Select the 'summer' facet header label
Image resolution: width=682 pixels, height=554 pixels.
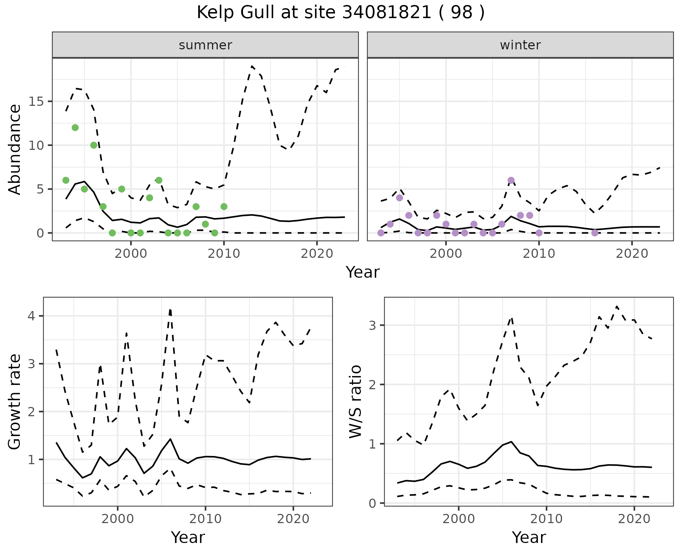pyautogui.click(x=205, y=45)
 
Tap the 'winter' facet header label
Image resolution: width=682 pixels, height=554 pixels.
pyautogui.click(x=520, y=45)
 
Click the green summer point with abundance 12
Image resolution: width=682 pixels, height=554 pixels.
pyautogui.click(x=75, y=127)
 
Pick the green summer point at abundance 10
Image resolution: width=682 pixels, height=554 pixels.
pyautogui.click(x=94, y=145)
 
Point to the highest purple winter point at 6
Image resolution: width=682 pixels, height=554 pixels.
pyautogui.click(x=511, y=180)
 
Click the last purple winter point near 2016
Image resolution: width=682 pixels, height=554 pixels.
pyautogui.click(x=595, y=233)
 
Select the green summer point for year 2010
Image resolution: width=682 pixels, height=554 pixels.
pyautogui.click(x=224, y=207)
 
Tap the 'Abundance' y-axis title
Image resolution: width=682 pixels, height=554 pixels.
pyautogui.click(x=15, y=150)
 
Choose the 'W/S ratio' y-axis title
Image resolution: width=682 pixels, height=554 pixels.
pyautogui.click(x=356, y=402)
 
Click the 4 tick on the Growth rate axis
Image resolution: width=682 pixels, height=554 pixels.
pyautogui.click(x=32, y=316)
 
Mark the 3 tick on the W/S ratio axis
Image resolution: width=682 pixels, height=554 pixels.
pyautogui.click(x=373, y=325)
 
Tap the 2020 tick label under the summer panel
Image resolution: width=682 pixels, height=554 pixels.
pyautogui.click(x=316, y=254)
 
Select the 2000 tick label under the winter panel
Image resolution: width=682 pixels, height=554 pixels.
pyautogui.click(x=446, y=254)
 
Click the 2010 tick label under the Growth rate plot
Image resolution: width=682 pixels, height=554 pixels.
pyautogui.click(x=205, y=519)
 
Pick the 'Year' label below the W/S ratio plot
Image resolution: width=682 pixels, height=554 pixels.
pyautogui.click(x=529, y=538)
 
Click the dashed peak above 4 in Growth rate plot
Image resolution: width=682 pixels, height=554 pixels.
pyautogui.click(x=170, y=310)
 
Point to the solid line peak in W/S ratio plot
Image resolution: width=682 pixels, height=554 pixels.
pyautogui.click(x=511, y=442)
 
